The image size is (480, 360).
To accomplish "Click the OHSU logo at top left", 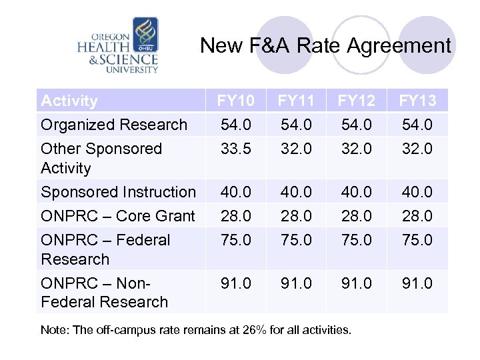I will tap(118, 45).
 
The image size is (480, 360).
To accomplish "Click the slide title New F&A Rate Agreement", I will tap(325, 45).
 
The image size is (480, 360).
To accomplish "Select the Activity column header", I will tap(69, 101).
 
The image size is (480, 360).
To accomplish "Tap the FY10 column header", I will tap(236, 101).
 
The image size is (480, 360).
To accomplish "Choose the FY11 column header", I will tap(297, 101).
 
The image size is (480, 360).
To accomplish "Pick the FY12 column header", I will tap(357, 101).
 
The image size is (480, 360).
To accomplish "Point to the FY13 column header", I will tap(417, 101).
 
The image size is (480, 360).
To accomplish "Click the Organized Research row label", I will tap(114, 125).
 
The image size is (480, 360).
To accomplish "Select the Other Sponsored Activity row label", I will tap(101, 158).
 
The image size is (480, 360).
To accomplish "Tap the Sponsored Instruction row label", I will tap(118, 192).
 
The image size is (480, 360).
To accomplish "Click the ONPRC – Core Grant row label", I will tap(118, 216).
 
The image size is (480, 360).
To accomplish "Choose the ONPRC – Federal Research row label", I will tap(105, 249).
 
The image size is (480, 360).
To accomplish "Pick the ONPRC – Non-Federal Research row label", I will tap(104, 292).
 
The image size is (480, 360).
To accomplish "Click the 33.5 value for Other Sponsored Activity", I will tap(236, 149).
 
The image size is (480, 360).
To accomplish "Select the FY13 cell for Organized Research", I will tap(417, 125).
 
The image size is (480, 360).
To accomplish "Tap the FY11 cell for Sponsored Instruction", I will tap(297, 192).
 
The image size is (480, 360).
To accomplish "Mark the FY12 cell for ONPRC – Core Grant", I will tap(357, 216).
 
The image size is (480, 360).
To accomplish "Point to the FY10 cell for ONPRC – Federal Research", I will tap(236, 240).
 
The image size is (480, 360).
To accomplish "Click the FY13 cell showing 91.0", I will tap(417, 283).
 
